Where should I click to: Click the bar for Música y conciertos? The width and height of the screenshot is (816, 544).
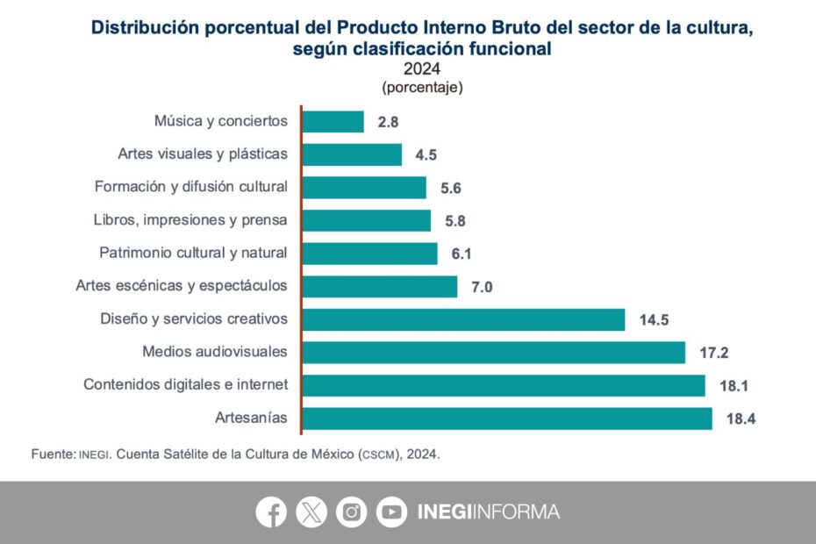333,122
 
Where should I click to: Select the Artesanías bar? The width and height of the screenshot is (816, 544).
507,419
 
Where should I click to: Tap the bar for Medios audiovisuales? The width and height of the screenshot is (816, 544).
494,353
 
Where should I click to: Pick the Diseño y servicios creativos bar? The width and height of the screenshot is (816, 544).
464,319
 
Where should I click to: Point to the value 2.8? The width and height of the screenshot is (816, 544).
388,123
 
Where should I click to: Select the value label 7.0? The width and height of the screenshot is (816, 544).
482,287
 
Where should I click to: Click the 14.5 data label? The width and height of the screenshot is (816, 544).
654,320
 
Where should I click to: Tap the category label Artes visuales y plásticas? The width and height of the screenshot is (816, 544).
203,154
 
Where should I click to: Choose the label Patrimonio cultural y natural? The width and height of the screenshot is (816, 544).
193,254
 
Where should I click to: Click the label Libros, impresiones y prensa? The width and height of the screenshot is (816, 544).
190,220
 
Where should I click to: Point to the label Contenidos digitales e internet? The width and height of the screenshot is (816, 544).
185,385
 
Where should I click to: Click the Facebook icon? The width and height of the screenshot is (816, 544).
271,512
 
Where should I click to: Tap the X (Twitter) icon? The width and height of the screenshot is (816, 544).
311,512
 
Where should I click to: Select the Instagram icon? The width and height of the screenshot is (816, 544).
352,512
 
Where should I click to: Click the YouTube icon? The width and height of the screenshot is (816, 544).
392,512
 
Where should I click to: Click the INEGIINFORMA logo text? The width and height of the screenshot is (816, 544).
489,512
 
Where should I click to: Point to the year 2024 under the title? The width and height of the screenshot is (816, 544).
421,68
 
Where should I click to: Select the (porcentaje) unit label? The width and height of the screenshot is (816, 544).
422,88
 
